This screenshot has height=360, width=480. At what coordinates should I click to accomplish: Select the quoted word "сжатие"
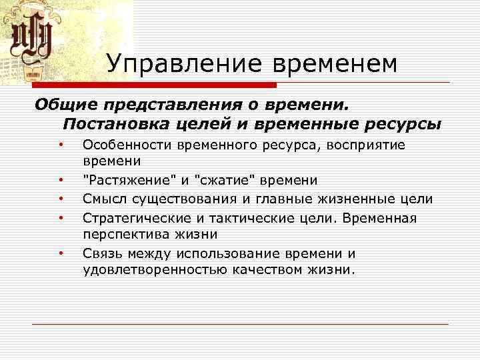[x=223, y=181]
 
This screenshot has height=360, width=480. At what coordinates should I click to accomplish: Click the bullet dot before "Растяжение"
[x=60, y=181]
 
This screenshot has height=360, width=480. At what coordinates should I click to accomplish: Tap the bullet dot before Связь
[x=60, y=253]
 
